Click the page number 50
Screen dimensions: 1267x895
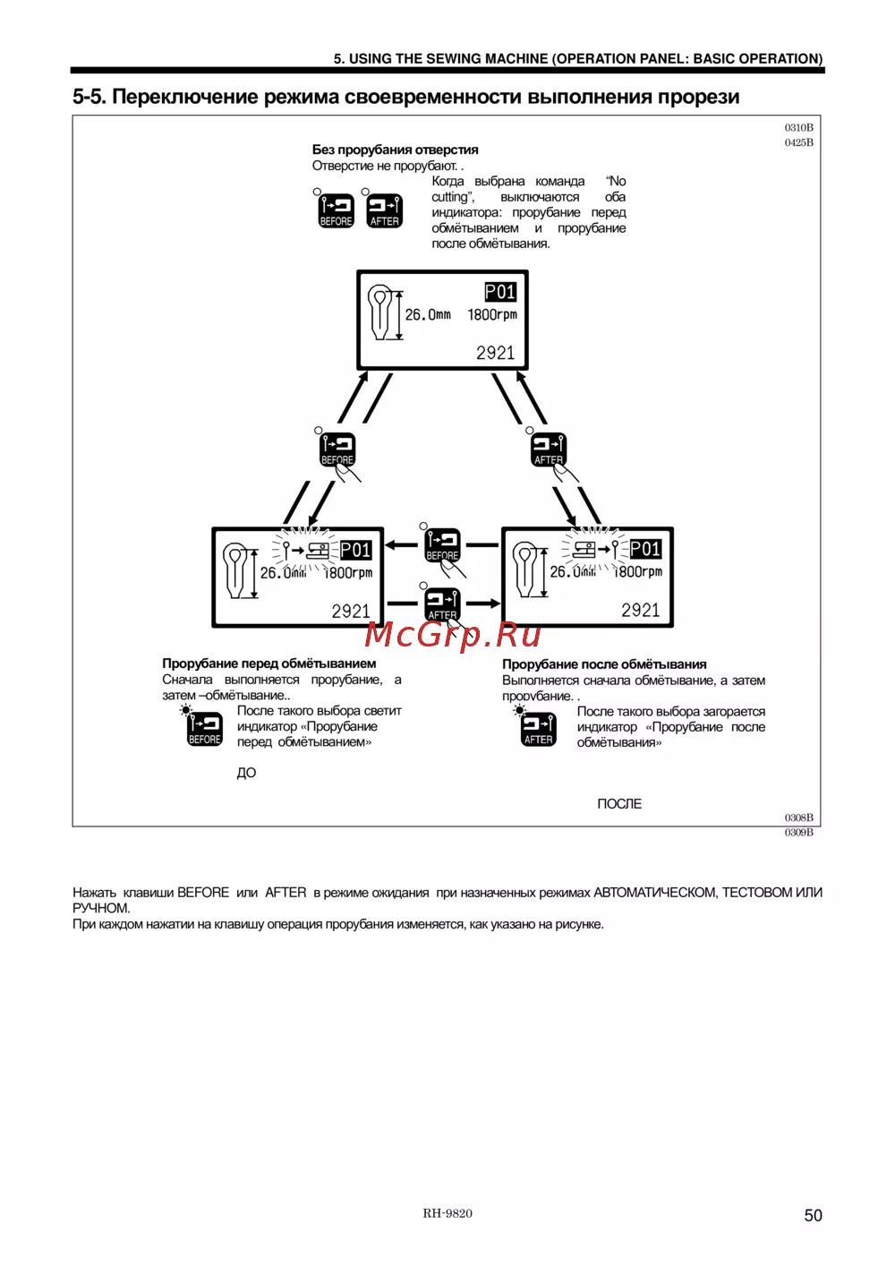tap(813, 1215)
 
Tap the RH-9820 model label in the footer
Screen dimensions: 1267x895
tap(447, 1213)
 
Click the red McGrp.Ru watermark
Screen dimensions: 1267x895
tap(453, 635)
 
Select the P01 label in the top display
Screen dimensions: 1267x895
tap(500, 292)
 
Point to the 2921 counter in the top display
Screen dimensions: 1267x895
tap(495, 353)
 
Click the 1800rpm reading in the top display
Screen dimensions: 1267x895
tap(492, 315)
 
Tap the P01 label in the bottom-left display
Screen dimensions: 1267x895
tap(355, 550)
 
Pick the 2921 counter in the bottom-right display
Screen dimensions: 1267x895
tap(640, 611)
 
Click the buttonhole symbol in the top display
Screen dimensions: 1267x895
tap(381, 312)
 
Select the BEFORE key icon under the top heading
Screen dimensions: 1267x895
tap(337, 211)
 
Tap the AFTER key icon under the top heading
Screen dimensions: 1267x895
tap(384, 211)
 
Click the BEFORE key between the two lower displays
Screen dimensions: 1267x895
tap(442, 544)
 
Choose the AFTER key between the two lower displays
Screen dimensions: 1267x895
tap(442, 604)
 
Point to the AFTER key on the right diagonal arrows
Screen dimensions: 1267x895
tap(549, 449)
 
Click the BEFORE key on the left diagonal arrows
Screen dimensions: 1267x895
tap(337, 449)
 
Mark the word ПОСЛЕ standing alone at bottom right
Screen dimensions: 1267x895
tap(619, 804)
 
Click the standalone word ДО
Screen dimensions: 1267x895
tap(246, 773)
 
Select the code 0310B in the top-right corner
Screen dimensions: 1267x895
tap(798, 128)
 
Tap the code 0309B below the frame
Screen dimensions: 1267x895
tap(798, 833)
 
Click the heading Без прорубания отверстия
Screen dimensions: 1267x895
tap(395, 150)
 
